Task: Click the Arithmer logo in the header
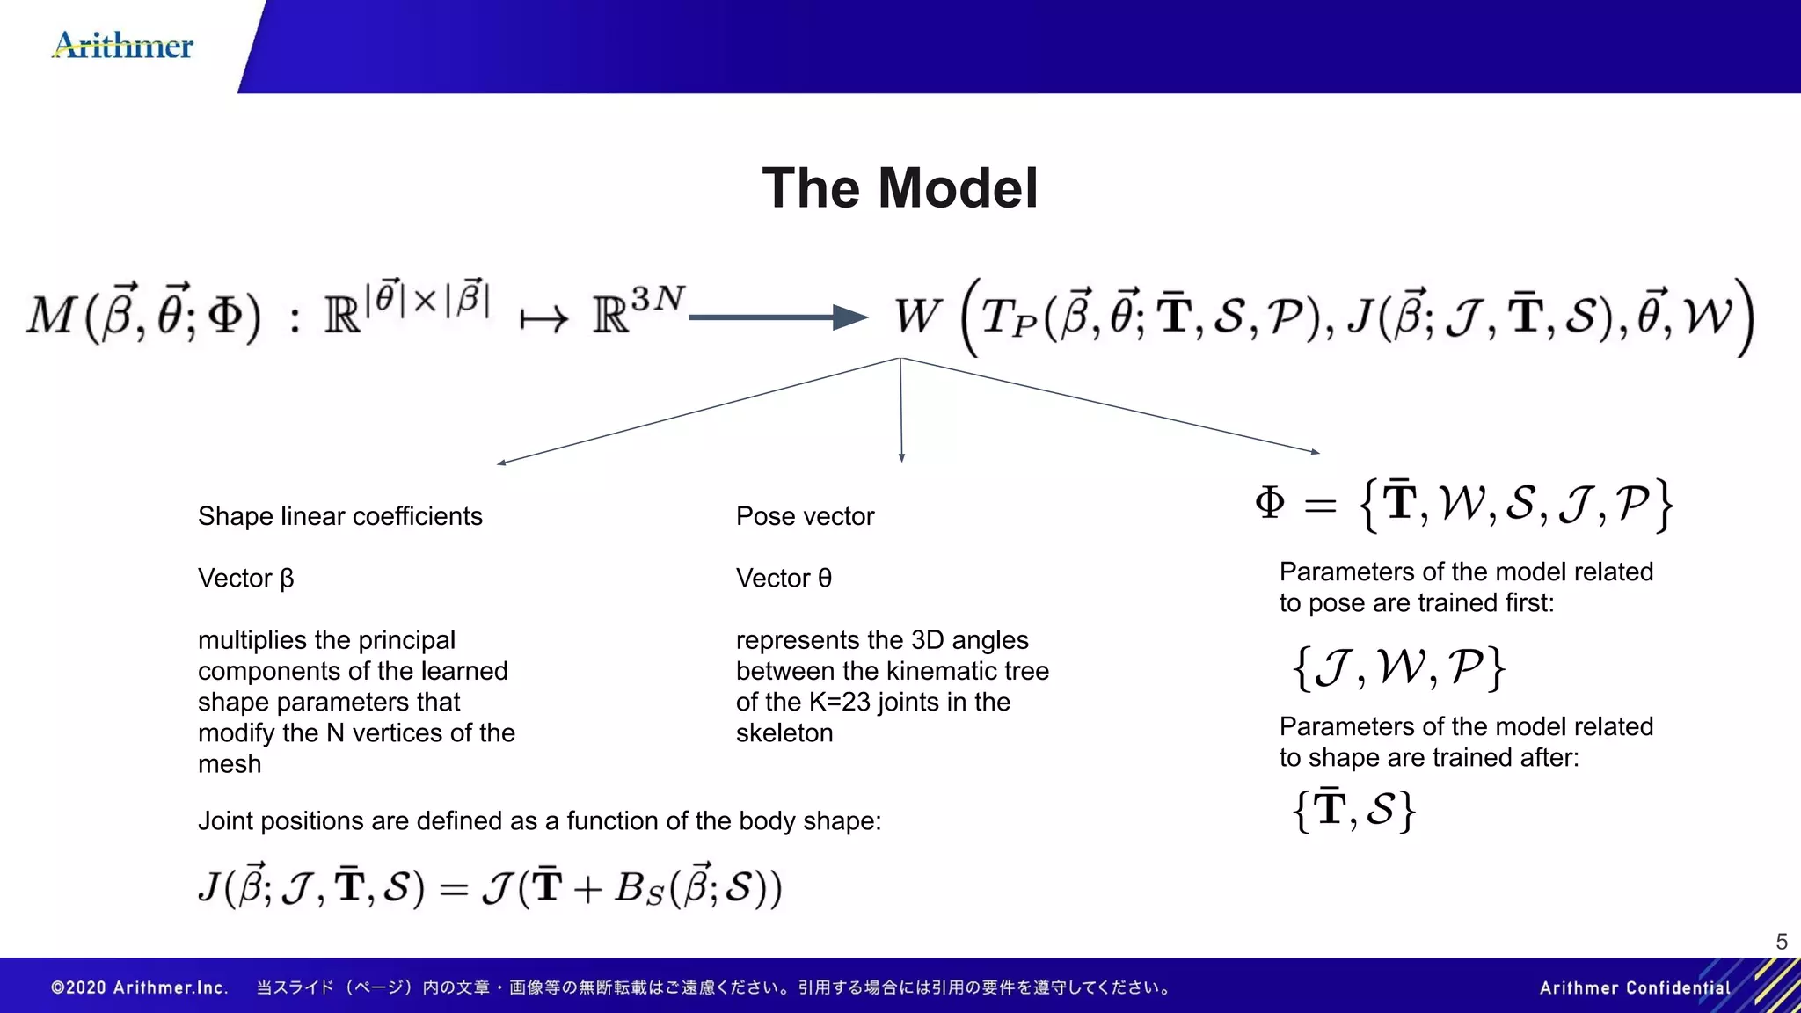[x=123, y=45]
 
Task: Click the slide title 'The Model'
[x=900, y=188]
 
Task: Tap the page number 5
[x=1782, y=942]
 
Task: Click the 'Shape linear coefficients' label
[x=339, y=516]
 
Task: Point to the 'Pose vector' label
[x=805, y=516]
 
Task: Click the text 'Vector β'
[x=245, y=579]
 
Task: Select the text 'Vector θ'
[x=784, y=579]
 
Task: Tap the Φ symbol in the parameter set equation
[x=1270, y=503]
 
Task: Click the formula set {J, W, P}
[x=1398, y=667]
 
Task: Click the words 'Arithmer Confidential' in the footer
[x=1634, y=987]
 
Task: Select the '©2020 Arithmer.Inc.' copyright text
[x=140, y=987]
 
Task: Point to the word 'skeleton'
[x=784, y=733]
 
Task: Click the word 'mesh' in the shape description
[x=230, y=764]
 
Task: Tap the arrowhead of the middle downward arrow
[x=901, y=458]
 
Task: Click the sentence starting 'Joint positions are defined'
[x=539, y=821]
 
